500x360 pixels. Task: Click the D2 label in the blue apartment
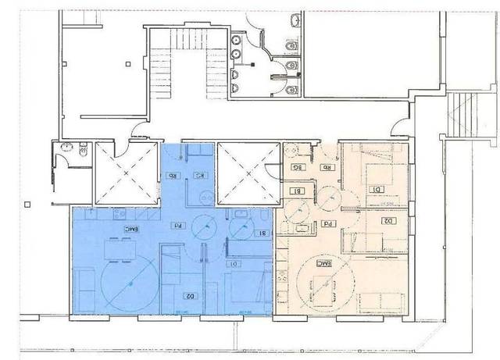tap(188, 295)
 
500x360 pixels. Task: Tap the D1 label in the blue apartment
tap(234, 263)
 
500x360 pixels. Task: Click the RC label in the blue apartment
tap(201, 175)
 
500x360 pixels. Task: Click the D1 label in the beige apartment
tap(377, 188)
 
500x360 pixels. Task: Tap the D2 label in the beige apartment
tap(387, 220)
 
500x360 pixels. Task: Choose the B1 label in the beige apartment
tap(296, 190)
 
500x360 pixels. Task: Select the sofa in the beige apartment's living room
tap(373, 300)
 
